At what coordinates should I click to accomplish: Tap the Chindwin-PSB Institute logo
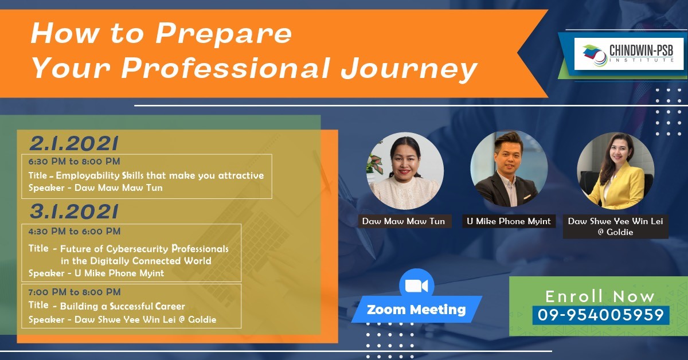[629, 54]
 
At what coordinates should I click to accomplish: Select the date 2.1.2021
[74, 143]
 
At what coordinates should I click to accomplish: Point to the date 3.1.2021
[74, 212]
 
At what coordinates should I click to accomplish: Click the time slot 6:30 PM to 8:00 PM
[74, 161]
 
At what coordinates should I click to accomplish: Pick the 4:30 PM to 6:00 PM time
[74, 231]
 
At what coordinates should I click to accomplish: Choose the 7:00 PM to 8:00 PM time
[74, 292]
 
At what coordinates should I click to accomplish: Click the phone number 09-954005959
[601, 315]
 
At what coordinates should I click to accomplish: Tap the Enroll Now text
[600, 296]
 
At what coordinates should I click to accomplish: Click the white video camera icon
[416, 286]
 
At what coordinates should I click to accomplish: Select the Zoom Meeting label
[416, 310]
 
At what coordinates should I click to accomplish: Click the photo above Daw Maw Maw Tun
[405, 171]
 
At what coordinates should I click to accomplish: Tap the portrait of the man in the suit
[509, 169]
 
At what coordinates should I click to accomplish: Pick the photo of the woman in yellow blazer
[616, 171]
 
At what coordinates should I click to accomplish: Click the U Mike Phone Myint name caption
[509, 221]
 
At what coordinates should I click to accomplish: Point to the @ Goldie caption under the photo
[615, 232]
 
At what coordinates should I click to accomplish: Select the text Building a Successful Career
[122, 306]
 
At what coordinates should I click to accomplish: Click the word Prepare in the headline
[224, 34]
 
